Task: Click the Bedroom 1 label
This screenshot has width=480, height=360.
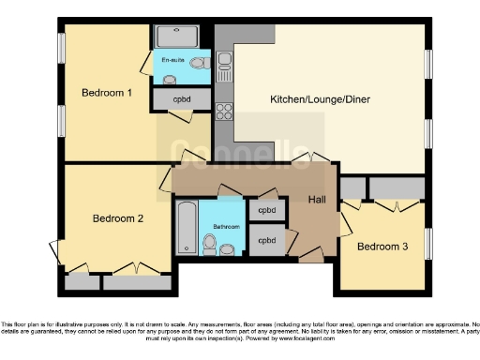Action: [106, 93]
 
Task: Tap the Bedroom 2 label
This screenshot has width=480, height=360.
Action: [117, 218]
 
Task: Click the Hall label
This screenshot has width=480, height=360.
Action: [318, 199]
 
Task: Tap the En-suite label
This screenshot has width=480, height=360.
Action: [172, 61]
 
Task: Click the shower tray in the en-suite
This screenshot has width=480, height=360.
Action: [176, 37]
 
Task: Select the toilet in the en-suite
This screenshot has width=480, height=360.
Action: [199, 63]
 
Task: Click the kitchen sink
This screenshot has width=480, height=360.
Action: [225, 64]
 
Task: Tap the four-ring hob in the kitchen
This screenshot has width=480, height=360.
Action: [225, 112]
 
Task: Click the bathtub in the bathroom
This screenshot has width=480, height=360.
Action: [187, 227]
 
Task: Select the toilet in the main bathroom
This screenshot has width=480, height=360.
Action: [210, 246]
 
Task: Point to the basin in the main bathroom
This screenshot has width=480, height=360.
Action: [232, 247]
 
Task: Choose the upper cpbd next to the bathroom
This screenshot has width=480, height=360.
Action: [267, 211]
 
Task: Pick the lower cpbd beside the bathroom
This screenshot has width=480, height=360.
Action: [267, 240]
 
